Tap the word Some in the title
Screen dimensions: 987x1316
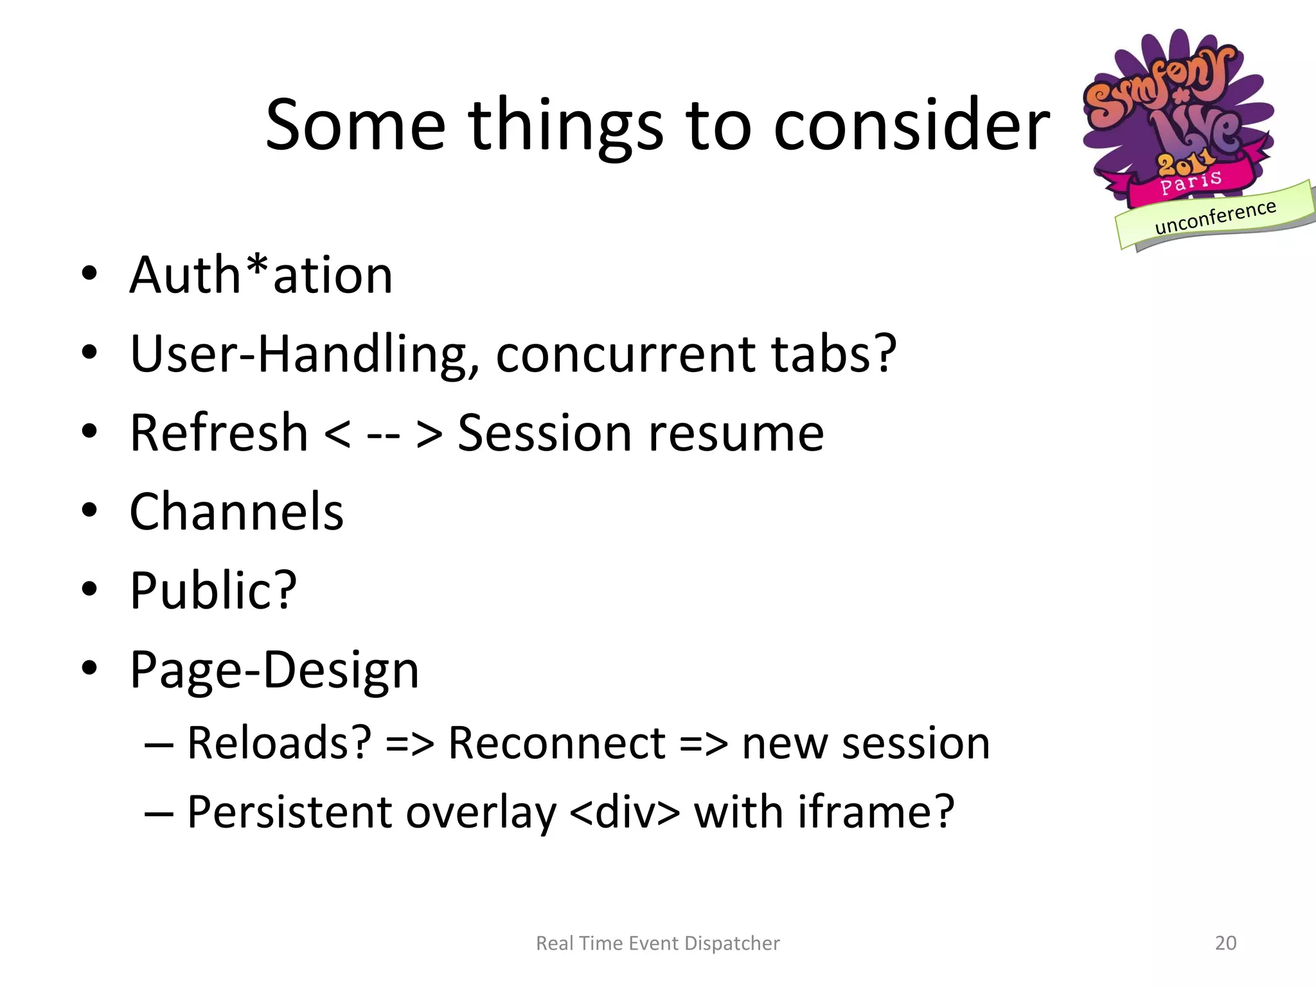(355, 125)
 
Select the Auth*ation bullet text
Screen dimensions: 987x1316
(261, 275)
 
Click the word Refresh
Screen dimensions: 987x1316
(218, 433)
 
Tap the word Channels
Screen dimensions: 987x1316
(236, 511)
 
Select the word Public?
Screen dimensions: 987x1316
(213, 591)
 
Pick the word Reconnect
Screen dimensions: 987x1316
(556, 743)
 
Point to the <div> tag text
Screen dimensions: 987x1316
(624, 812)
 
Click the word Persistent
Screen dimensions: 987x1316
(289, 812)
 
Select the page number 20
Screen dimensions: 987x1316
(1225, 943)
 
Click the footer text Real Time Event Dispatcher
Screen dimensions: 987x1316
(657, 943)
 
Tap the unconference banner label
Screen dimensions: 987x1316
(1214, 217)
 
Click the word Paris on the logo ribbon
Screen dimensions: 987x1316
(1190, 182)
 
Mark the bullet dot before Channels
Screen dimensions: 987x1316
(89, 510)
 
